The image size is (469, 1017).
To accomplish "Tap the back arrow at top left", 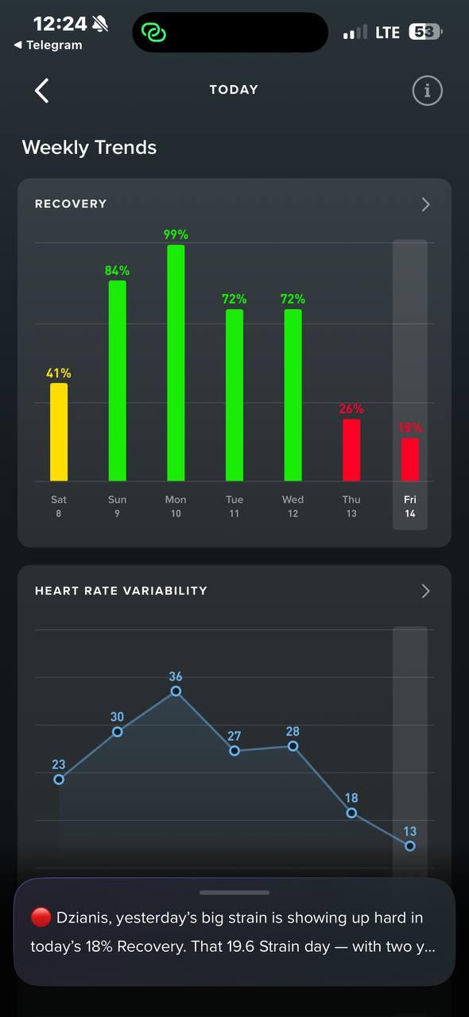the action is coord(42,91).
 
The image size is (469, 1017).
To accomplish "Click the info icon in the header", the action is coord(427,91).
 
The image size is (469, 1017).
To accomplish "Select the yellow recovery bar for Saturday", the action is coord(59,431).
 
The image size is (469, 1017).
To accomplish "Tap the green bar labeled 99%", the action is coord(176,363).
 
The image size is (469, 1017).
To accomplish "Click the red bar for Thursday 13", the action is coord(351,450).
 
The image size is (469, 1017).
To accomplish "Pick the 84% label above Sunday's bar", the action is coord(118,271).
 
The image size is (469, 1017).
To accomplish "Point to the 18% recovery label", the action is coord(410,427).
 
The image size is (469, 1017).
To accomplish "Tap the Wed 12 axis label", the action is coord(293,506).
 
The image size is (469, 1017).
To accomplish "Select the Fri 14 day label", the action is coord(410,506).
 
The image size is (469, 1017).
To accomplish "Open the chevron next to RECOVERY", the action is coord(425,204).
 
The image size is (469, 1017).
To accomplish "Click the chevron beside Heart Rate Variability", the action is coord(425,591).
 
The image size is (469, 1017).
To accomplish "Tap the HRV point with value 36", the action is coord(176,691).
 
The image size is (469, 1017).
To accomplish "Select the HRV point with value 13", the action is coord(410,846).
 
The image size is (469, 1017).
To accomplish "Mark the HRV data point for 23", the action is coord(59,779).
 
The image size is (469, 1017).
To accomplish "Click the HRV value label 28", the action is coord(293,732).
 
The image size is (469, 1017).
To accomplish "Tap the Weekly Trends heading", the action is coord(89,148).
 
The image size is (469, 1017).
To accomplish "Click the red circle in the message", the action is coord(41,918).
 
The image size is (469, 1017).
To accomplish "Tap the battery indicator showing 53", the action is coord(425,32).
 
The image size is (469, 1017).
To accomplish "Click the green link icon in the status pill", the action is coord(153,33).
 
